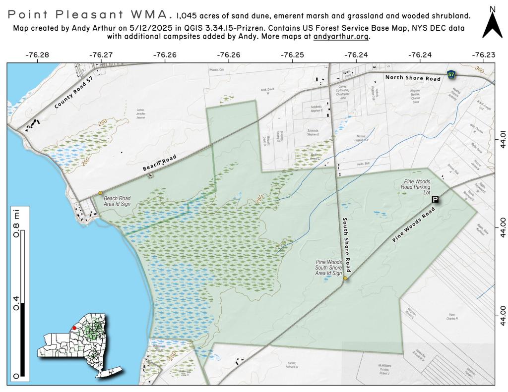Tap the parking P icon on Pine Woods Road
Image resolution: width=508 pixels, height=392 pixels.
[435, 199]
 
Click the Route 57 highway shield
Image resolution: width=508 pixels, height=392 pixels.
[451, 75]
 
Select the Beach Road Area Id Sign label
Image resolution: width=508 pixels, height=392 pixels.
[118, 201]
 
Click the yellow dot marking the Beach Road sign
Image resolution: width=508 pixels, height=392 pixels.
[101, 192]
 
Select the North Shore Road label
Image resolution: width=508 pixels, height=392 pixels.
[413, 78]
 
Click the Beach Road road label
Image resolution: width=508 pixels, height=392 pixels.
[160, 163]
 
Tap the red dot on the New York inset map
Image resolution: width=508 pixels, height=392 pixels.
[74, 328]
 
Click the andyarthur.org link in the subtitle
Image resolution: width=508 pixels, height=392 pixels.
[342, 37]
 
